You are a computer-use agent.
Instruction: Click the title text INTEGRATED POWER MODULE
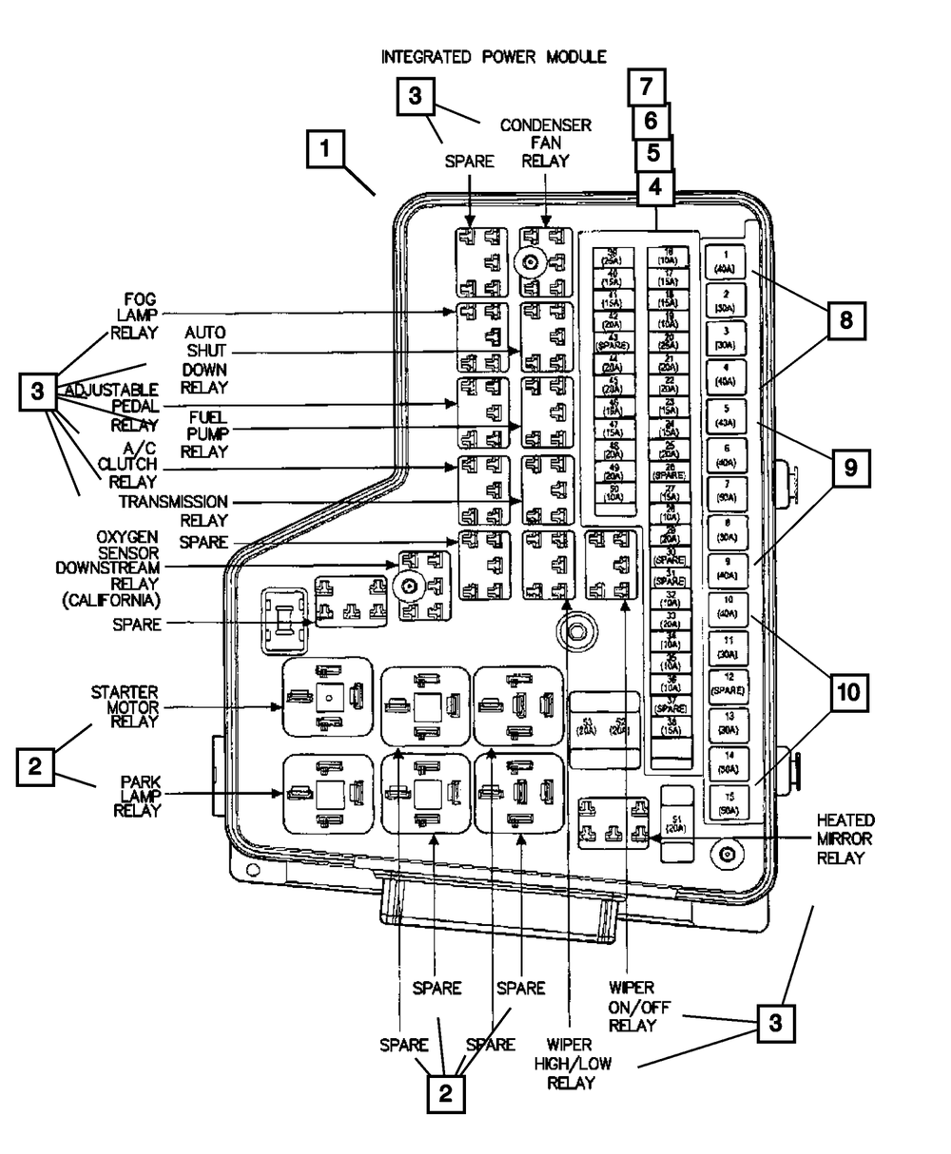point(493,57)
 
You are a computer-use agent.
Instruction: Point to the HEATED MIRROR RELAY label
point(844,838)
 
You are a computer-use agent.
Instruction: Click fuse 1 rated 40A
point(726,261)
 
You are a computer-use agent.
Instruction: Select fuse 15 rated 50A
point(726,803)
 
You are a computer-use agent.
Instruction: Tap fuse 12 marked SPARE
point(726,682)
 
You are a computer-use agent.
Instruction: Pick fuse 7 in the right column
point(726,490)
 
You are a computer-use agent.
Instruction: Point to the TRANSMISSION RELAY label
point(174,510)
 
